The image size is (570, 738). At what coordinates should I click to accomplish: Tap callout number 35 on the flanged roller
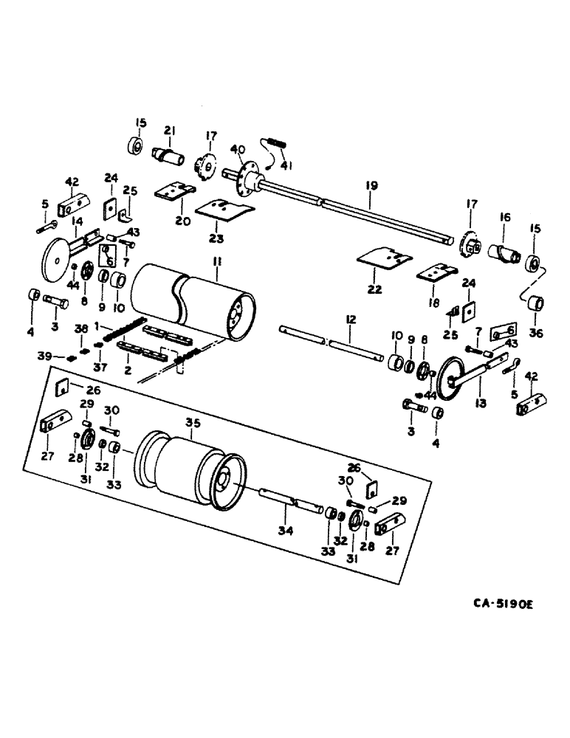pyautogui.click(x=193, y=424)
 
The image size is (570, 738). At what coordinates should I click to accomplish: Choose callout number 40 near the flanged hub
pyautogui.click(x=236, y=150)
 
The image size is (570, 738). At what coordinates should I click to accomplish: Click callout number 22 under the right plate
pyautogui.click(x=375, y=290)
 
